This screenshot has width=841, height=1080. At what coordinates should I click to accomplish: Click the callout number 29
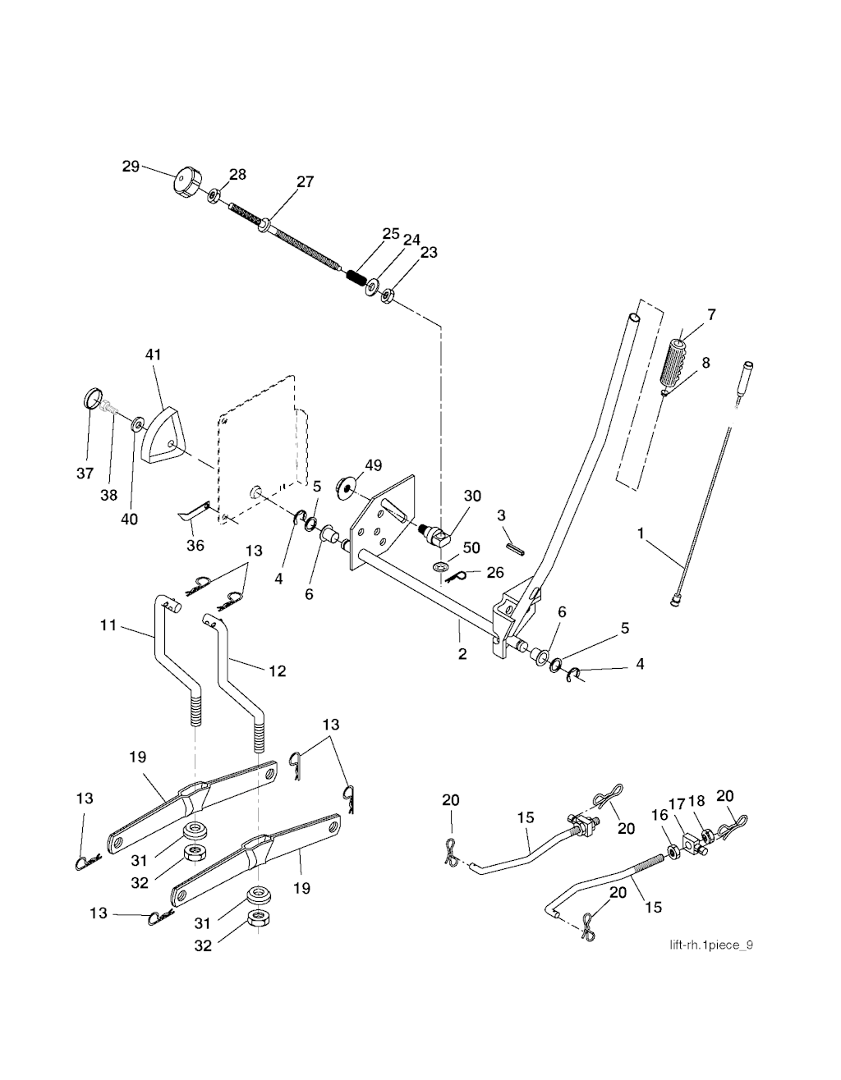[x=131, y=166]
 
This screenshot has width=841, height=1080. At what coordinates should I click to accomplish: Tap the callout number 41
[x=154, y=355]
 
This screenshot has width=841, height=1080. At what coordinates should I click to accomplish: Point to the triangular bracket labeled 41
[x=164, y=434]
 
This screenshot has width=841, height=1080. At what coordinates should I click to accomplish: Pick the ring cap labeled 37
[x=94, y=401]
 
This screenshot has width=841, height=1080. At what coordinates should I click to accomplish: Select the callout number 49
[x=373, y=465]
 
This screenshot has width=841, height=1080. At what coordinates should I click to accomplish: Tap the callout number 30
[x=472, y=496]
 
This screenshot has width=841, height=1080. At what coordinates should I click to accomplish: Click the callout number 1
[x=641, y=533]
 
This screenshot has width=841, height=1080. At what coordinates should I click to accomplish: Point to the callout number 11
[x=108, y=625]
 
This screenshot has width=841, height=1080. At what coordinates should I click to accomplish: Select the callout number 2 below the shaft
[x=462, y=654]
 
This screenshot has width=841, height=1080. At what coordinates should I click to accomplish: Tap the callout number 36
[x=195, y=545]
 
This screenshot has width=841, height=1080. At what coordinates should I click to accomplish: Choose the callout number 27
[x=305, y=182]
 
